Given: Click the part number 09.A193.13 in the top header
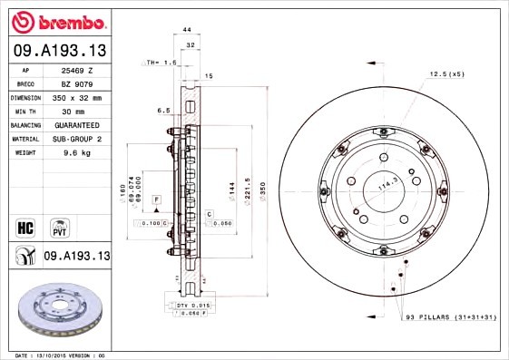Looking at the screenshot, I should pos(60,51).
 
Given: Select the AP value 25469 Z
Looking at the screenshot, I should pos(76,70).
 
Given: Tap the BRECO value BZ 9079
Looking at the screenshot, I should pos(76,83).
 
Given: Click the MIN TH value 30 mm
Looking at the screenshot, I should pos(76,111).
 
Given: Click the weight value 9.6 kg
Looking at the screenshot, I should pos(78,152).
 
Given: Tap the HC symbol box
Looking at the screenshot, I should pos(25,225).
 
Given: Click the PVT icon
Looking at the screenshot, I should pos(60,225).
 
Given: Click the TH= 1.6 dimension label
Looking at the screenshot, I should pos(162,62).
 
